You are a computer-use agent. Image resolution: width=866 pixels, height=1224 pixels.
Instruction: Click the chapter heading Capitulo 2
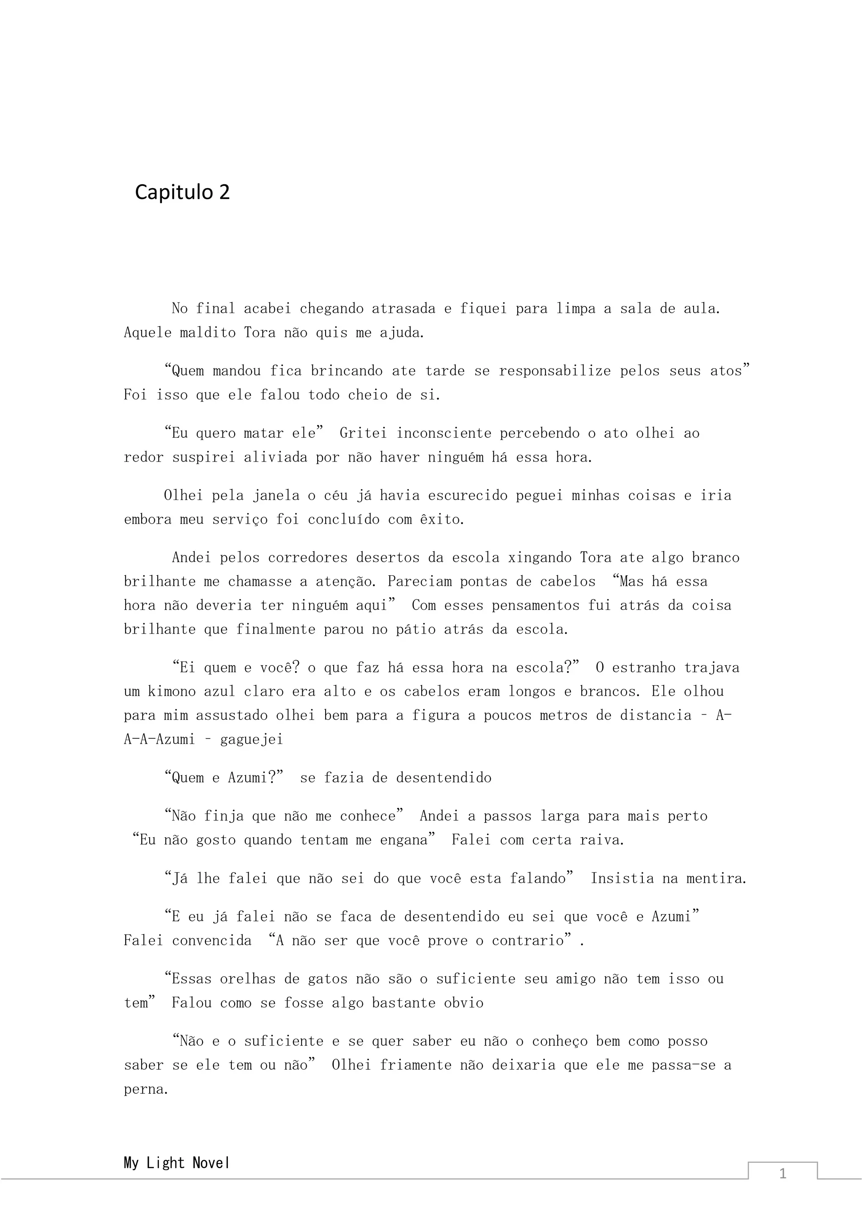pos(182,192)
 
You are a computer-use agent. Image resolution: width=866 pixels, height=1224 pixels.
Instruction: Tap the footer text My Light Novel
pos(176,1163)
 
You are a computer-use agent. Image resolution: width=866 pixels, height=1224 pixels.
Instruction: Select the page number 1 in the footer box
pos(782,1173)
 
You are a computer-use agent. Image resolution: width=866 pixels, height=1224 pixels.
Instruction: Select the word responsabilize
pos(555,371)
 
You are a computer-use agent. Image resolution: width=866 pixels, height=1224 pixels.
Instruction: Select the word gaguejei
pos(251,739)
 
